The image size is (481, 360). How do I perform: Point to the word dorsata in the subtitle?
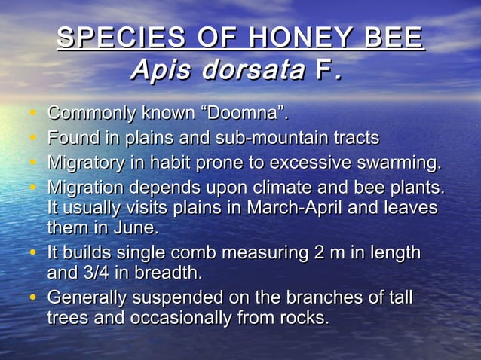tap(250, 71)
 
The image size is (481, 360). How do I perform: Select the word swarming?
tap(400, 162)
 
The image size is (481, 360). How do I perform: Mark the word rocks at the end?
tap(305, 319)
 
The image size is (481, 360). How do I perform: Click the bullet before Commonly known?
tap(34, 114)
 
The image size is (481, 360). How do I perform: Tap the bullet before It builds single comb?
tap(34, 252)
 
